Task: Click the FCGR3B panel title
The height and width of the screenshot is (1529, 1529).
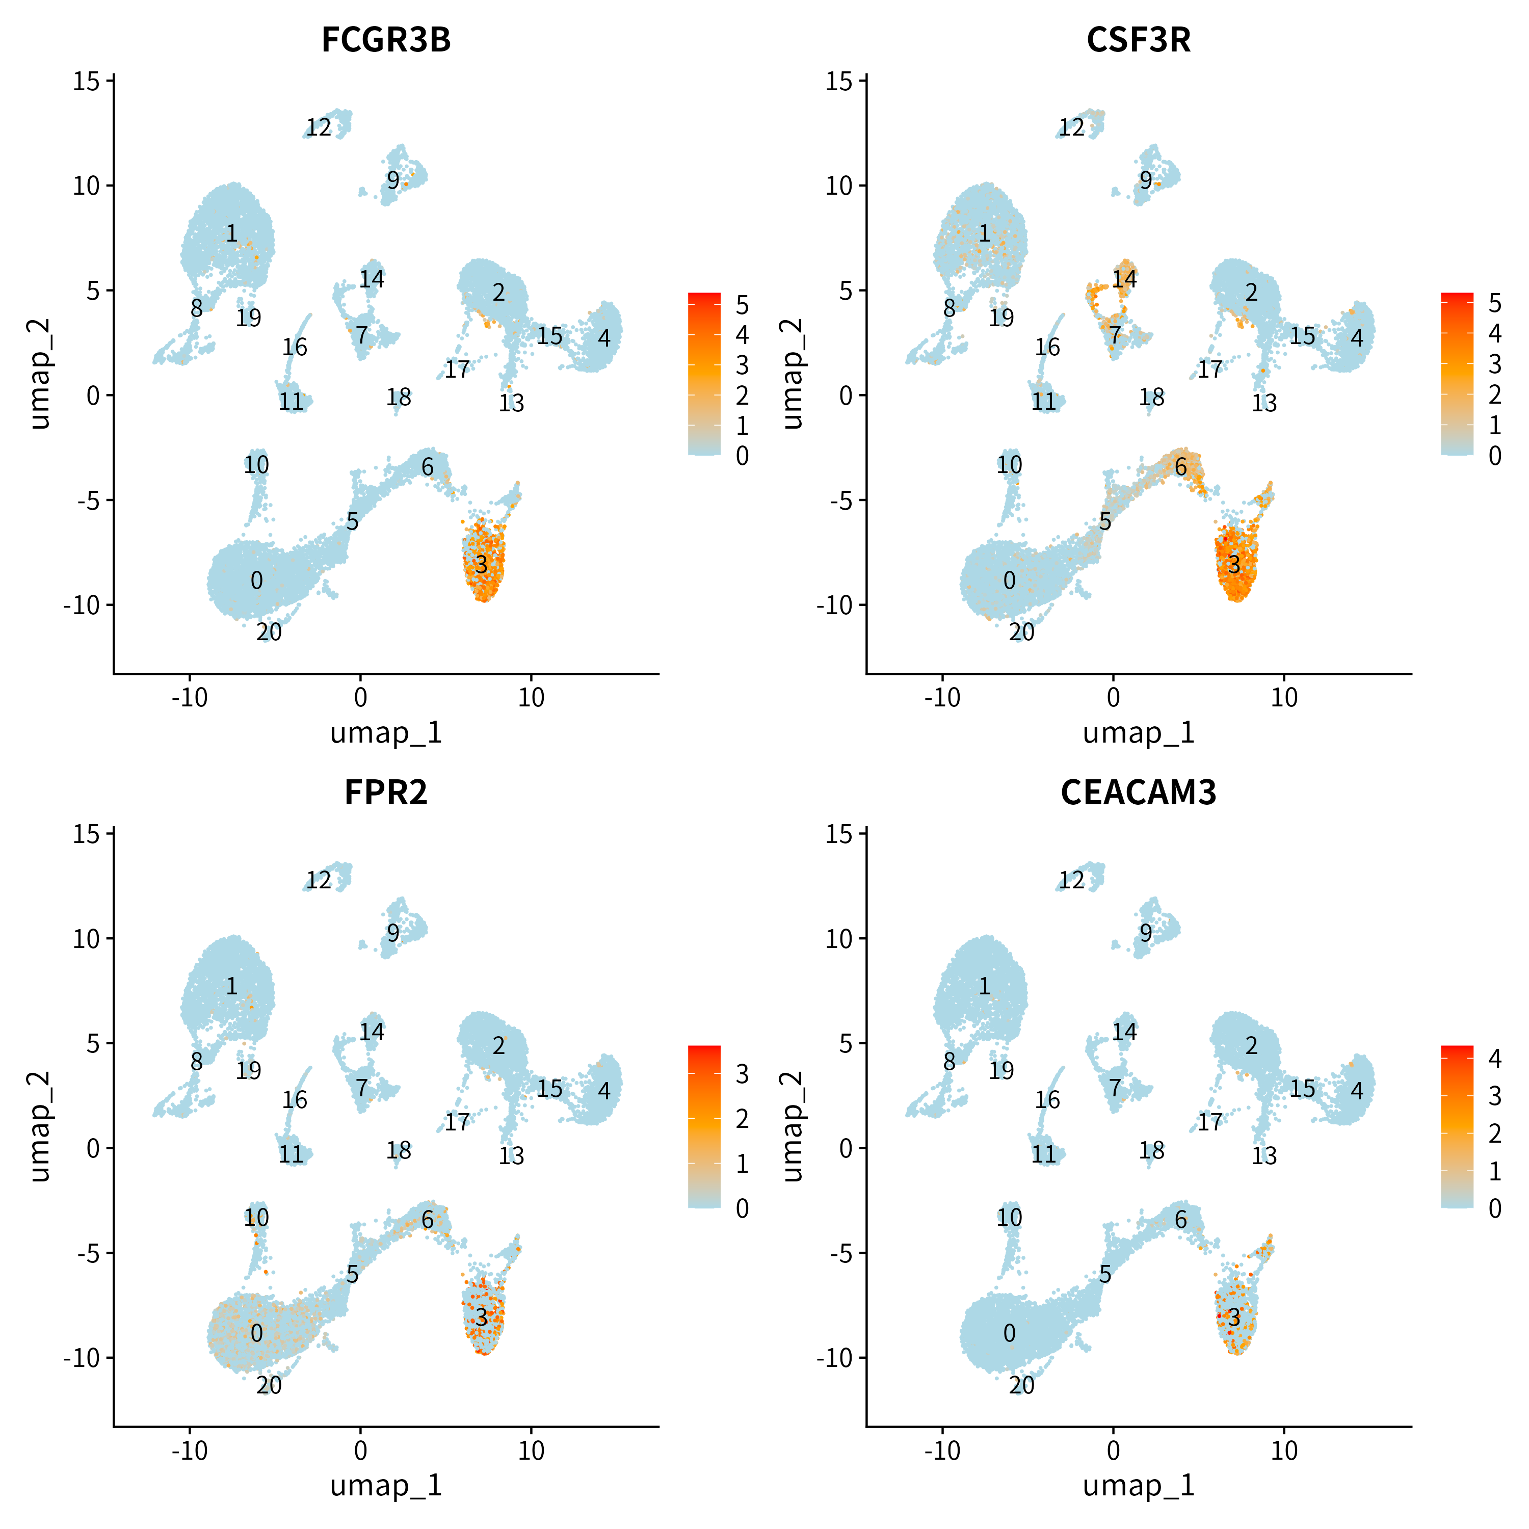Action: point(386,40)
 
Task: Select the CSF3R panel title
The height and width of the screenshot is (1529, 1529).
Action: point(1139,40)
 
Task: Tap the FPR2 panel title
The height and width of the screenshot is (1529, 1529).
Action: point(386,792)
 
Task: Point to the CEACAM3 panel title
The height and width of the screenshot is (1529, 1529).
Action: point(1139,792)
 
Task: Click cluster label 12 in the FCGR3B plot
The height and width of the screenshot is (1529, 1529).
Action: point(319,127)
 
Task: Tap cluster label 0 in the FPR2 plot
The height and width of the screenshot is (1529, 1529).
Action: point(256,1333)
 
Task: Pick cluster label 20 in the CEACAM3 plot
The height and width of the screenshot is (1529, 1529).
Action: point(1022,1385)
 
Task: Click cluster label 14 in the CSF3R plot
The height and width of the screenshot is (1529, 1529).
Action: point(1125,279)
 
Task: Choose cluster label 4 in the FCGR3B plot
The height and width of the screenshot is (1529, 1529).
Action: point(604,339)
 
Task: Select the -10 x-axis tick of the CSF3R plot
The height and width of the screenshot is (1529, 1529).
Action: point(942,698)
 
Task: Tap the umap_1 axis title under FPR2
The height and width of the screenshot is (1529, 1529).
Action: point(386,1486)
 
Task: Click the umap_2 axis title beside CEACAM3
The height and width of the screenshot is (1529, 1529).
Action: point(793,1127)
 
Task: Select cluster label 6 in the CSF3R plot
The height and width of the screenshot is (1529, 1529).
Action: point(1181,468)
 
